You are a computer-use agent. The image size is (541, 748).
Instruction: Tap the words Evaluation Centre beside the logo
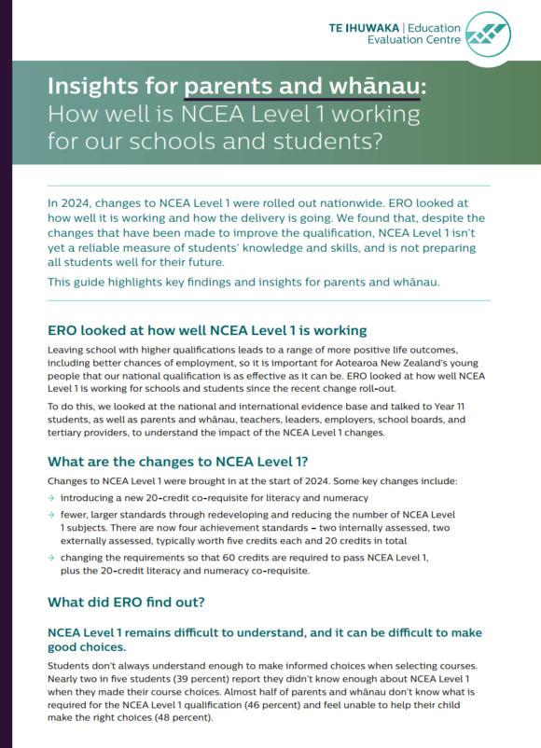415,41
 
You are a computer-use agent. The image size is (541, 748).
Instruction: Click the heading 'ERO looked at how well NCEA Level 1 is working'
207,330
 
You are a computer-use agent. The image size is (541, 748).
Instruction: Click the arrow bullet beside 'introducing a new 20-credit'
51,499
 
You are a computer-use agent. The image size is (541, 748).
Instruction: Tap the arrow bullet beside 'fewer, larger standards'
51,515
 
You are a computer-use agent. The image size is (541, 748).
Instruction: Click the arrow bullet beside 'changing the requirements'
51,557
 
